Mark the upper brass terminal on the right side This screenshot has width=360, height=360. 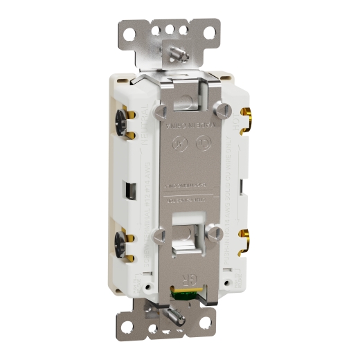[246, 119]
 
